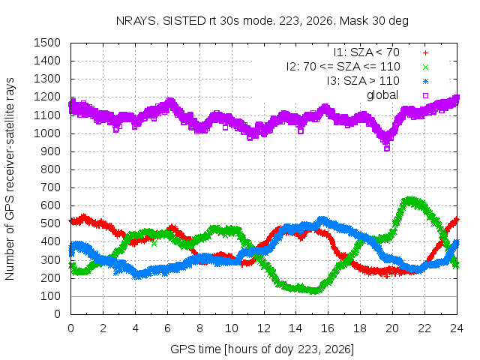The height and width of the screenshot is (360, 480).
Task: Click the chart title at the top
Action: (262, 21)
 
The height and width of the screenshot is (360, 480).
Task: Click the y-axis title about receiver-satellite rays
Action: (10, 178)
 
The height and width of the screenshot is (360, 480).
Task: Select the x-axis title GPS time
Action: (262, 349)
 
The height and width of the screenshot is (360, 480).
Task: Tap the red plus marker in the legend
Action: (425, 53)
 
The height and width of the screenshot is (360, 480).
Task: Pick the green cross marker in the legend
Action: (425, 67)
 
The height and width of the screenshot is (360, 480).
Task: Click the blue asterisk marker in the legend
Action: (425, 82)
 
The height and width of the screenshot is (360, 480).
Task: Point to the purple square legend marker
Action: (425, 95)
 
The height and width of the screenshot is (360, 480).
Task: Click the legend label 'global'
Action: (382, 95)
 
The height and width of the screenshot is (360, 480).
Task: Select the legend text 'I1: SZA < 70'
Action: (367, 52)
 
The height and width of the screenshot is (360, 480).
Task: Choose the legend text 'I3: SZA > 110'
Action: (363, 81)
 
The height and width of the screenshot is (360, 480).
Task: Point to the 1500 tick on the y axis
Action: (47, 43)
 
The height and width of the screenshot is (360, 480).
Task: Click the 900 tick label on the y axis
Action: (51, 151)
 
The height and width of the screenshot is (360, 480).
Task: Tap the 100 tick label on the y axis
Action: (51, 296)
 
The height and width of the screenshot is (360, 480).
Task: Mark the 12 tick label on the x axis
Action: (263, 328)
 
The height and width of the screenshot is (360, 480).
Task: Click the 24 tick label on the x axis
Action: (457, 328)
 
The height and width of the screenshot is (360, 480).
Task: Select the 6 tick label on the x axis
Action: (167, 328)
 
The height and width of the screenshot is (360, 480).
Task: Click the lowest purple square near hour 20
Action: (387, 148)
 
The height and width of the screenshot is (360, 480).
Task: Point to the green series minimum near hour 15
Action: (314, 291)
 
